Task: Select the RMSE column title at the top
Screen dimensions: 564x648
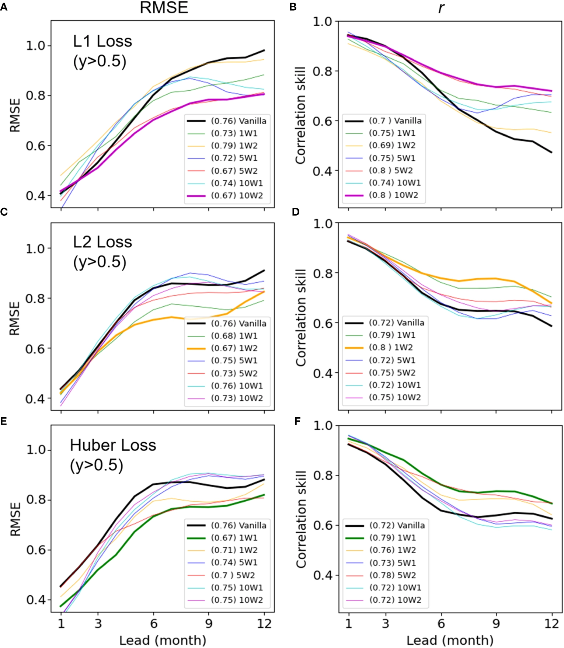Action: point(164,7)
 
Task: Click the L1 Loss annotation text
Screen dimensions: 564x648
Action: point(102,41)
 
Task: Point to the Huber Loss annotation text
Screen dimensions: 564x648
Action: point(113,445)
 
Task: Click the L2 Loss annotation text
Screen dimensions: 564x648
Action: point(102,242)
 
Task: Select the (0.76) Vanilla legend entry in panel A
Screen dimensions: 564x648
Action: point(227,121)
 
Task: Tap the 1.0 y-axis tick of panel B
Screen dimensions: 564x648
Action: point(322,21)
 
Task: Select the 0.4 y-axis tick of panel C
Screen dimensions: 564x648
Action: point(35,398)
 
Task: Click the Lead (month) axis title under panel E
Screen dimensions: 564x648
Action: point(163,640)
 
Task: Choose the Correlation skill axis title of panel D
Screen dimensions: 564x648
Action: point(301,317)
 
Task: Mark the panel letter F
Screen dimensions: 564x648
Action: point(298,421)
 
